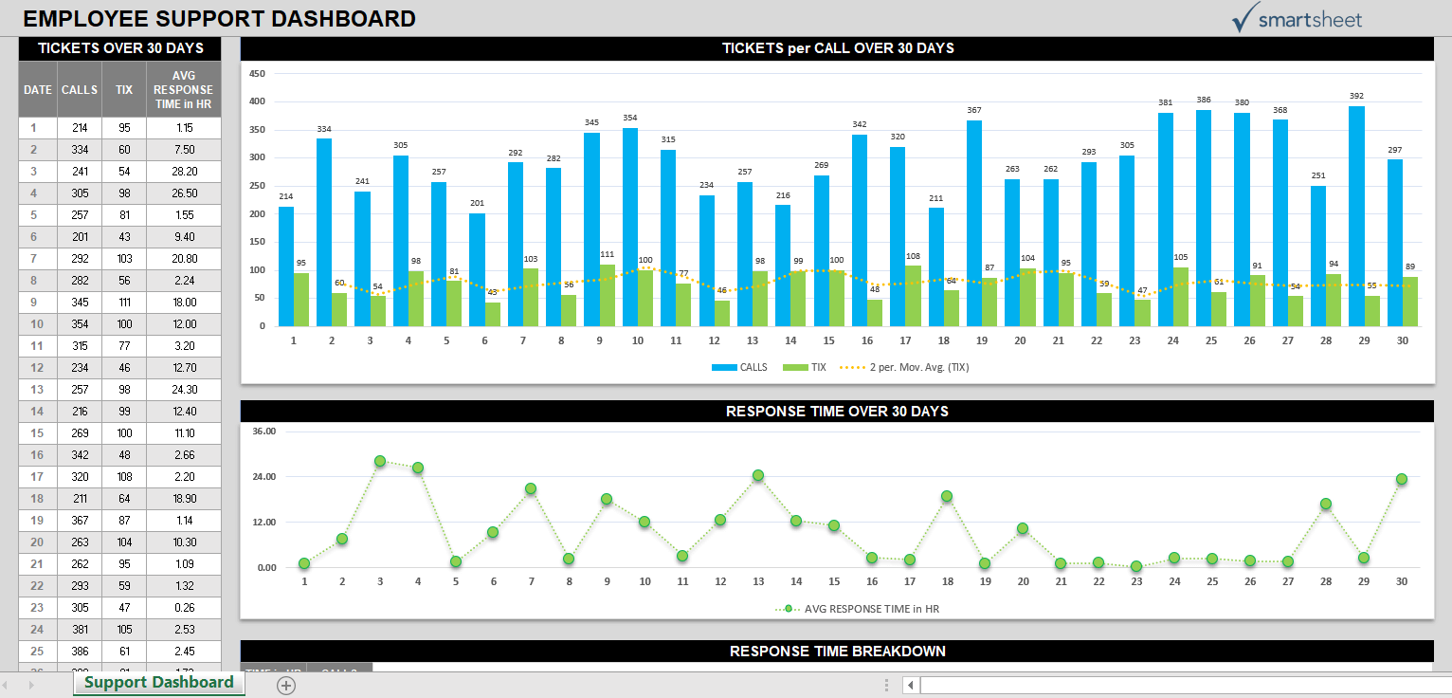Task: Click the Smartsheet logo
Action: pyautogui.click(x=1296, y=18)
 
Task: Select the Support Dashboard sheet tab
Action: pyautogui.click(x=158, y=683)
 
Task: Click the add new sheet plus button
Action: pyautogui.click(x=286, y=685)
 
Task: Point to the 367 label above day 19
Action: pyautogui.click(x=974, y=110)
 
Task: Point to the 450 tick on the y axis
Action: pyautogui.click(x=257, y=73)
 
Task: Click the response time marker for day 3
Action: pyautogui.click(x=380, y=461)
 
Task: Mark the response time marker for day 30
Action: pyautogui.click(x=1402, y=479)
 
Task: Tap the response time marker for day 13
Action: pyautogui.click(x=758, y=475)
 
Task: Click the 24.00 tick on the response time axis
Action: pyautogui.click(x=263, y=477)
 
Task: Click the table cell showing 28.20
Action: pyautogui.click(x=184, y=172)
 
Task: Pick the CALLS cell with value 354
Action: pyautogui.click(x=80, y=324)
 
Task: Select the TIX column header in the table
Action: pyautogui.click(x=124, y=90)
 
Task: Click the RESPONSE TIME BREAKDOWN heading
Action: pyautogui.click(x=837, y=651)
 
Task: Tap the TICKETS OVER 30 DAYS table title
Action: pyautogui.click(x=119, y=48)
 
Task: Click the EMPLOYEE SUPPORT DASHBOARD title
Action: pyautogui.click(x=219, y=18)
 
